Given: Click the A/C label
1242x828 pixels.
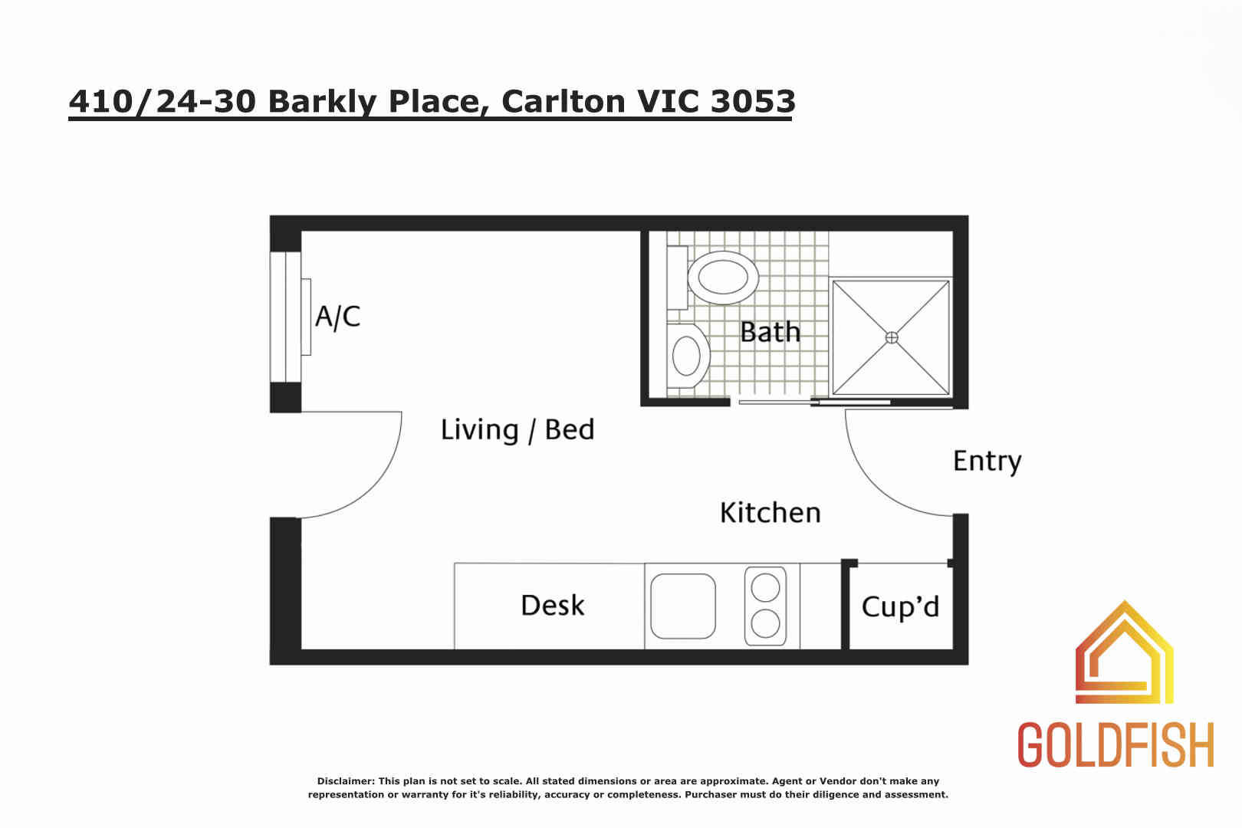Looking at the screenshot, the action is pyautogui.click(x=337, y=317).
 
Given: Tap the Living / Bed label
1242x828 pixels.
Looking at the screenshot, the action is pyautogui.click(x=517, y=430).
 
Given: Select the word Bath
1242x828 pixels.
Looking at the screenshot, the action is pyautogui.click(x=770, y=332).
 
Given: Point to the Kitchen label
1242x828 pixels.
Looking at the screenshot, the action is pyautogui.click(x=770, y=512).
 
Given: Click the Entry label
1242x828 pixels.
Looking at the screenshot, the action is pyautogui.click(x=987, y=462).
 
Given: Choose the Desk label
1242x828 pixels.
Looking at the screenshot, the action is pyautogui.click(x=552, y=605).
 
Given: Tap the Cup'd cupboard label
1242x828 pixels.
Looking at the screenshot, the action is pyautogui.click(x=900, y=606).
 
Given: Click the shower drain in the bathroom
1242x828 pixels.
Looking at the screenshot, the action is pyautogui.click(x=892, y=337).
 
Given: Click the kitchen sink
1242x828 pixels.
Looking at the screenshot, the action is pyautogui.click(x=682, y=606).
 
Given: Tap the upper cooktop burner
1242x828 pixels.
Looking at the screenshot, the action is pyautogui.click(x=765, y=587).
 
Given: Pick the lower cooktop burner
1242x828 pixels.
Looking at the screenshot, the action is pyautogui.click(x=765, y=623).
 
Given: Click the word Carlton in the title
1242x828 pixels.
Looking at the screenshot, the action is pyautogui.click(x=563, y=101).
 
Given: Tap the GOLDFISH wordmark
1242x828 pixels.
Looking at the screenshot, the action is pyautogui.click(x=1115, y=744).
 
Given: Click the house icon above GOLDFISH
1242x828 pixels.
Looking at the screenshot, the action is pyautogui.click(x=1125, y=652).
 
